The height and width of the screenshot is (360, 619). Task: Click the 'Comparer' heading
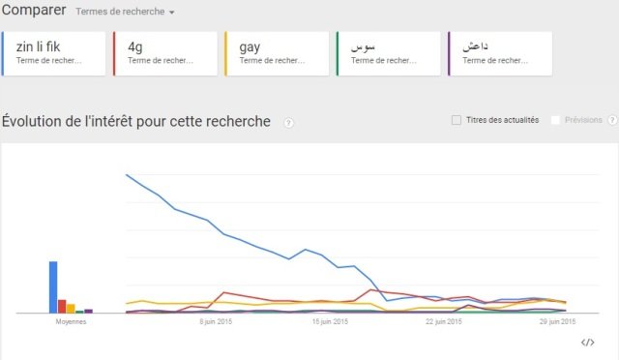(34, 12)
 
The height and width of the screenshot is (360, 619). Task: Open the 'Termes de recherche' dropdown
(126, 13)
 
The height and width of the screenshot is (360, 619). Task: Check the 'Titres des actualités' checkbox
(457, 120)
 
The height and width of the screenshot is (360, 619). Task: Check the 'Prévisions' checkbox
(555, 120)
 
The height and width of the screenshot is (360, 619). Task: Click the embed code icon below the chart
(587, 342)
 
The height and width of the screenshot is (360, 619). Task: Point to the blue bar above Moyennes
(53, 287)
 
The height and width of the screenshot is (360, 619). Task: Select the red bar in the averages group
(62, 307)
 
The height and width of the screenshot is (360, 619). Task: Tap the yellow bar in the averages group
(71, 309)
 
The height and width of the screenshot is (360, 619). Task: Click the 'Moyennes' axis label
(71, 321)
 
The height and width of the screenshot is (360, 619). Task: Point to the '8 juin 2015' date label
(216, 321)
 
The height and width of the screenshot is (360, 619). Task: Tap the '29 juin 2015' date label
(558, 321)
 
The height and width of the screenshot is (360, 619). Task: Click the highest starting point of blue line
(127, 174)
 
